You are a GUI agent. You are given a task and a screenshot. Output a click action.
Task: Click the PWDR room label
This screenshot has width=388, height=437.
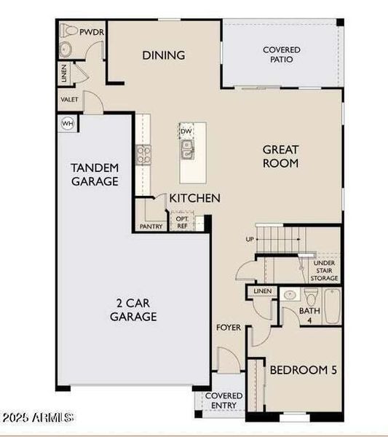click(x=92, y=32)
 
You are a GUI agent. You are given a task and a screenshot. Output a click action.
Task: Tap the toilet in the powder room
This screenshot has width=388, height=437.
click(x=68, y=32)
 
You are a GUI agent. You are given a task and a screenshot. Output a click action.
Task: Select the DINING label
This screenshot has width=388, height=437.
click(x=163, y=55)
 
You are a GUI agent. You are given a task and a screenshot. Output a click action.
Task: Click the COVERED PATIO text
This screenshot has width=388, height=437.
click(x=281, y=55)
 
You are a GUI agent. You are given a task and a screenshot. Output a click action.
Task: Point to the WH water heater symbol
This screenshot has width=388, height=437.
click(x=68, y=123)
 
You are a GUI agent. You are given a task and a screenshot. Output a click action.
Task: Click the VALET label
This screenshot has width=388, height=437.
click(x=69, y=99)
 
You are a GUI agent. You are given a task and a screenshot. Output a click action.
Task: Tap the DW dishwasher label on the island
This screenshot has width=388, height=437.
click(x=186, y=132)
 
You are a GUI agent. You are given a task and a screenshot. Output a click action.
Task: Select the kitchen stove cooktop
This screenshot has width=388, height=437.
click(x=143, y=154)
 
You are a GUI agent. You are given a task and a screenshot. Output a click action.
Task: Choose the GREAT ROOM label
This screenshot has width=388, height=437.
click(x=281, y=156)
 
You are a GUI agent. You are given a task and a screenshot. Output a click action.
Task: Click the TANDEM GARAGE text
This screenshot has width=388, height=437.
click(x=95, y=175)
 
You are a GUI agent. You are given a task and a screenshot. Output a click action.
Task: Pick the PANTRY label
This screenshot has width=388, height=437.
click(x=151, y=227)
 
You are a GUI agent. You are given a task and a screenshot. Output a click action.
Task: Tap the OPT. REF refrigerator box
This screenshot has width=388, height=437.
click(x=182, y=222)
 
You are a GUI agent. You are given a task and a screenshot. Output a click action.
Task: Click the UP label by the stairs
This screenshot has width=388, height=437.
click(x=249, y=238)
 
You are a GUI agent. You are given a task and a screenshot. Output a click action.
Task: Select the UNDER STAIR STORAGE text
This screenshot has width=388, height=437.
click(x=325, y=270)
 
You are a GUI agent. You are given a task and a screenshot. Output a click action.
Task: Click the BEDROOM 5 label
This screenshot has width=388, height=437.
click(x=303, y=370)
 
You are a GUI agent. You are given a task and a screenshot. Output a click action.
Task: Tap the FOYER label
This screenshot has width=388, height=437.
click(x=228, y=327)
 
